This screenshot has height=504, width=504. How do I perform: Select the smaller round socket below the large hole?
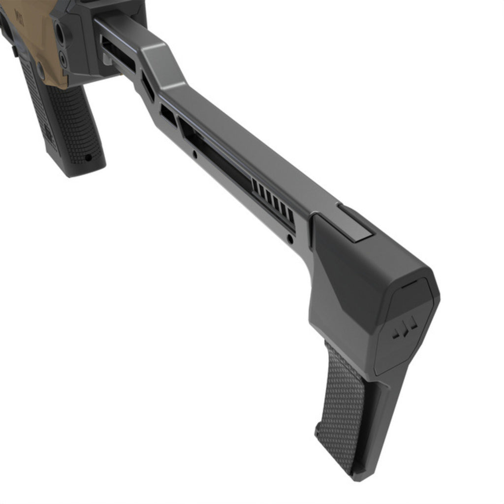coord(63,59)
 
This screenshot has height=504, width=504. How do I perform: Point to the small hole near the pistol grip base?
coord(88,157)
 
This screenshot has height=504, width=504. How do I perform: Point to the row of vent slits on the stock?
coord(274,202)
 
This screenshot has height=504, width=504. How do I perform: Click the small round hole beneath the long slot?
coord(195,155)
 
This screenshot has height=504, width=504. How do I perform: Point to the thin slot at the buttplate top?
coord(407,284)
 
